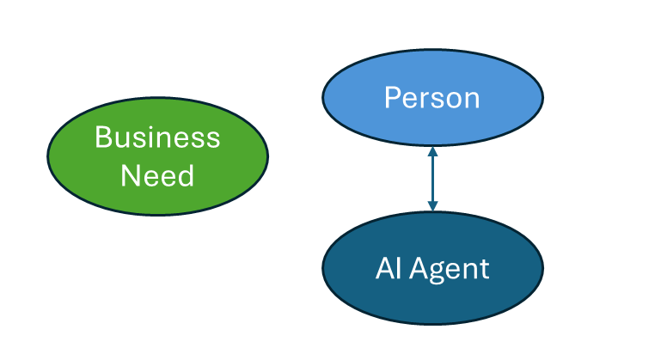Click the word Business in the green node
click(x=157, y=137)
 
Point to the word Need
click(x=157, y=175)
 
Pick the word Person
click(x=431, y=98)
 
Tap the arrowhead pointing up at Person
click(x=432, y=151)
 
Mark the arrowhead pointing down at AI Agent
click(x=432, y=206)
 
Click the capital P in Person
click(x=392, y=97)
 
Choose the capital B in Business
click(x=102, y=137)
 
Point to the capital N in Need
click(x=129, y=175)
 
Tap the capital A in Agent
click(x=419, y=269)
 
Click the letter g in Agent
click(x=438, y=272)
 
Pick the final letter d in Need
click(x=186, y=175)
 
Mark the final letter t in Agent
click(x=484, y=270)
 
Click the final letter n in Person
click(x=472, y=100)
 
